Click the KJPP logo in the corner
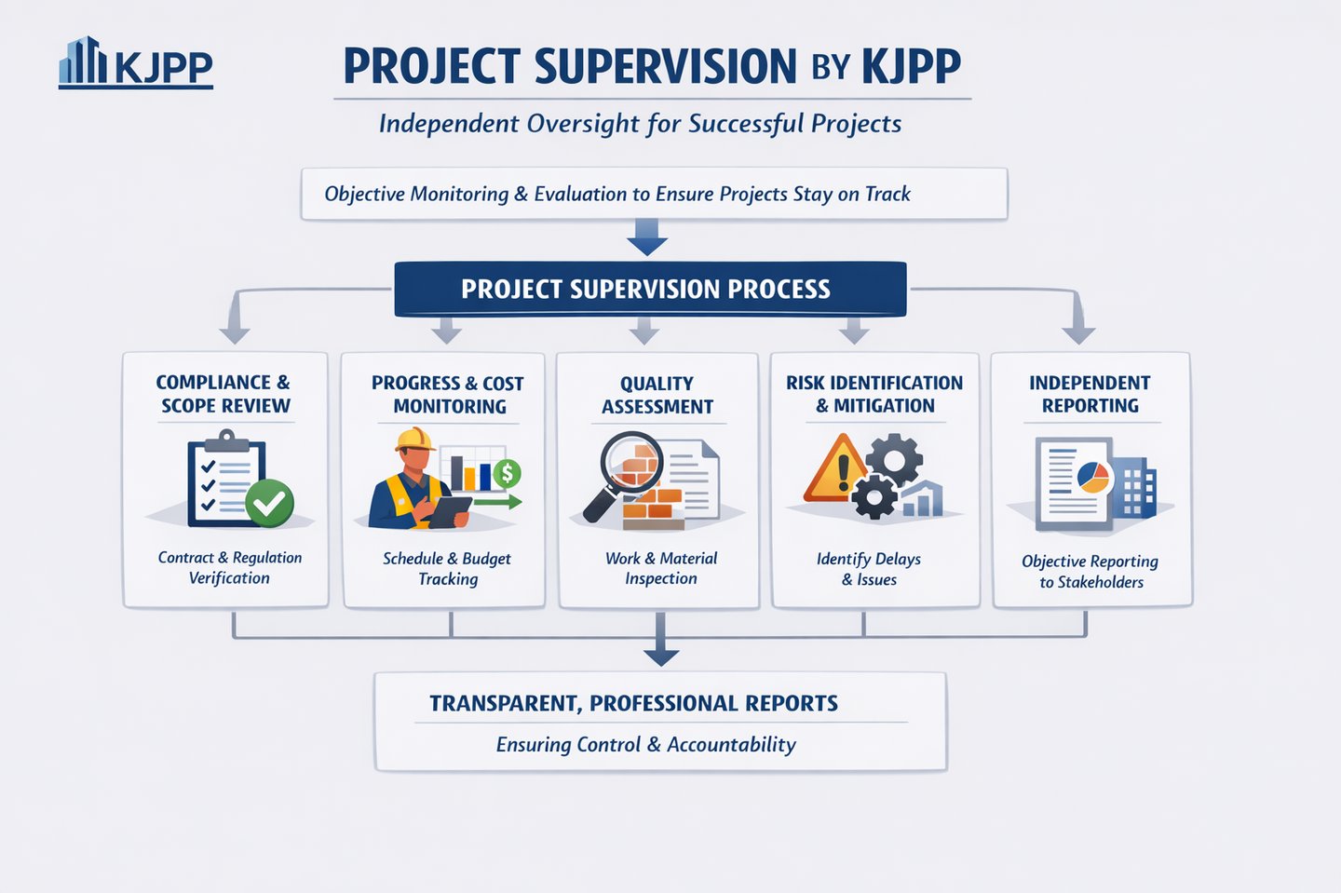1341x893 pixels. tap(136, 62)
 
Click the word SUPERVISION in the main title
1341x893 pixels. tap(665, 65)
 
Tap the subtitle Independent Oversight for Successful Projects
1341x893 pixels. tap(640, 124)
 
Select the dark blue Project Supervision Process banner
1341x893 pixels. tap(650, 289)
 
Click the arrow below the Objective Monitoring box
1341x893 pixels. tap(647, 237)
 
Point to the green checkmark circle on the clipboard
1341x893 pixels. tap(269, 503)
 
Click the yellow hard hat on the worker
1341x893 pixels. tap(414, 440)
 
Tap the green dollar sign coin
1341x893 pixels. tap(507, 473)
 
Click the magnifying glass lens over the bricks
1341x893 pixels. tap(632, 461)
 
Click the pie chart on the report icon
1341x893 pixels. tap(1093, 477)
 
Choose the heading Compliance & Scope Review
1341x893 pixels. tap(223, 394)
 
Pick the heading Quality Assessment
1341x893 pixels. tap(657, 395)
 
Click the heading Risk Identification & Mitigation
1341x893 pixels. tap(874, 394)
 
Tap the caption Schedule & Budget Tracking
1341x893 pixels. tap(447, 569)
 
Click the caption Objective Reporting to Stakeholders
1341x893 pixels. tap(1090, 572)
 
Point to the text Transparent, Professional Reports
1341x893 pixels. tap(633, 703)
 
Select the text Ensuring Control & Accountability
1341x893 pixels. tap(646, 745)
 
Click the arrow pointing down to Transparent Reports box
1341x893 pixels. tap(661, 639)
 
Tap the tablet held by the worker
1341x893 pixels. tap(450, 512)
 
